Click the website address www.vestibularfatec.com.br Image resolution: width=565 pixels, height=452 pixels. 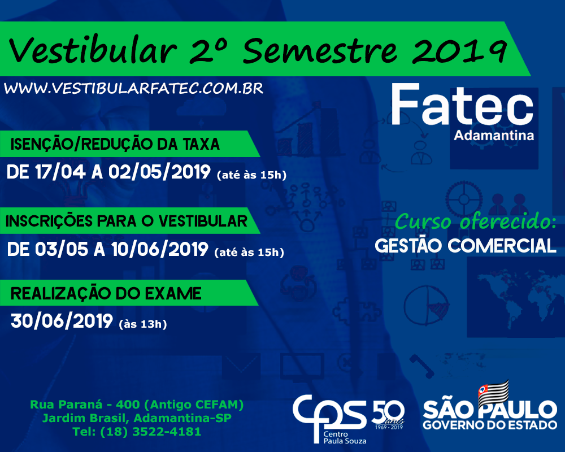(x=134, y=89)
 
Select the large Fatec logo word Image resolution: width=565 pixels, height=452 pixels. (x=462, y=104)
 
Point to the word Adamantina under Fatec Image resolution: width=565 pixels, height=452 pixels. (x=494, y=136)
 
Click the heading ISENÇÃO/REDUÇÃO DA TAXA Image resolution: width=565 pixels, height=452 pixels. (x=115, y=144)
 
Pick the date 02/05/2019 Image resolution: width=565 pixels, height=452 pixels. (x=160, y=172)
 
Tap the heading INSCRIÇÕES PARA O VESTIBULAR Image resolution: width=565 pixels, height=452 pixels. (x=127, y=221)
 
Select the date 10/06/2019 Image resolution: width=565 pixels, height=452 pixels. (x=160, y=249)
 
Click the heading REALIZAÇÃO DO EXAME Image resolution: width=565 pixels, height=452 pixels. (x=106, y=293)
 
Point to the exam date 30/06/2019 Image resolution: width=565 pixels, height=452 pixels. (x=62, y=321)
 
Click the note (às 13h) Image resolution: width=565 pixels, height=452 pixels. (x=143, y=324)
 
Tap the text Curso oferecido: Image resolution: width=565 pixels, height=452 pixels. (x=476, y=221)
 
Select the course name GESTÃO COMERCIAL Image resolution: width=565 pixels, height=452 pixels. (x=466, y=246)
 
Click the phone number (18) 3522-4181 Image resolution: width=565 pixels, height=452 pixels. (x=151, y=432)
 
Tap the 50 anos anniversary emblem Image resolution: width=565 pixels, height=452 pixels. (x=388, y=415)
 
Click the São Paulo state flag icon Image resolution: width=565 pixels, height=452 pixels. (x=493, y=393)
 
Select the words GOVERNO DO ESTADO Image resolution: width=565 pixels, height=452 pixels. (x=490, y=425)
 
